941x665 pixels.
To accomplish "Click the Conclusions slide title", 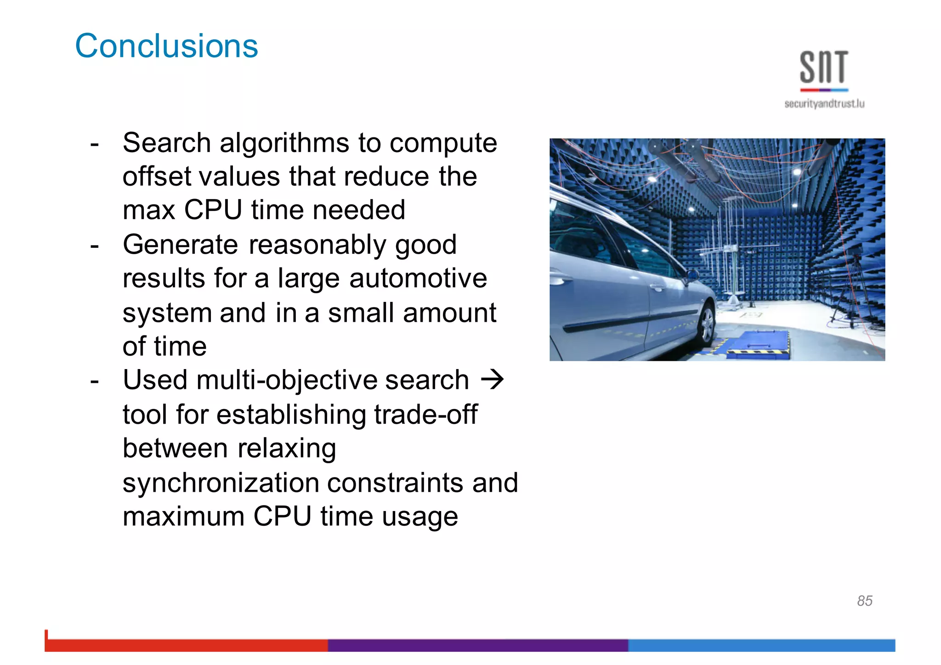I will [x=166, y=46].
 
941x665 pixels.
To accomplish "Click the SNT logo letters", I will [x=824, y=68].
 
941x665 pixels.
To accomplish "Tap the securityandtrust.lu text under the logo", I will [x=824, y=104].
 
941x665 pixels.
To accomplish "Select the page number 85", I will [x=864, y=601].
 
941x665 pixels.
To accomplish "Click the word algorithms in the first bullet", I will [x=284, y=143].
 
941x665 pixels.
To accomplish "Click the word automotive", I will [x=418, y=279].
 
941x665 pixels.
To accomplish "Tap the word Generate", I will [x=180, y=244].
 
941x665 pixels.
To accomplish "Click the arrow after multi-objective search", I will [x=492, y=380].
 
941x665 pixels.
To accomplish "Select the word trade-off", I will [x=425, y=415].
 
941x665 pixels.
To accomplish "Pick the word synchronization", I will [x=221, y=483].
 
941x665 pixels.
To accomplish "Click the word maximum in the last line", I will [x=183, y=517].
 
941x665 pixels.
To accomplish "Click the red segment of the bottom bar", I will [x=186, y=645].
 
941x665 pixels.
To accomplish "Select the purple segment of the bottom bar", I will [x=478, y=645].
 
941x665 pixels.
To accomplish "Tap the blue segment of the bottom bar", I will [x=761, y=645].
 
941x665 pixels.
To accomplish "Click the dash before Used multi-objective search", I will [x=95, y=381].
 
